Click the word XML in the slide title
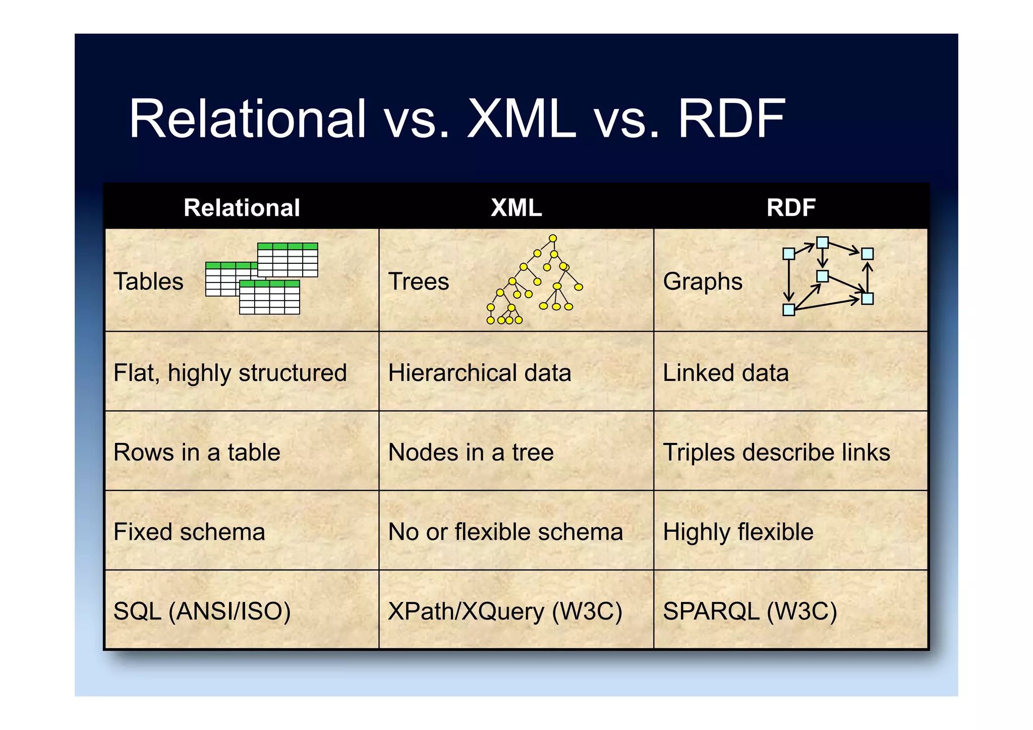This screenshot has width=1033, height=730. click(x=521, y=119)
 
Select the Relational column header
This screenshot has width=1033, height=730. click(x=242, y=208)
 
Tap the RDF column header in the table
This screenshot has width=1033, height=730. click(x=790, y=208)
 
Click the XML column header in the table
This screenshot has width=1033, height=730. click(x=516, y=208)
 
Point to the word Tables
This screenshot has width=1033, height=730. click(x=148, y=282)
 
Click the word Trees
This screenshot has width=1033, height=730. click(x=418, y=282)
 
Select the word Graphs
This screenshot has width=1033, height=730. click(x=702, y=282)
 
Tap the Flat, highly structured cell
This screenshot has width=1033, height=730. click(x=230, y=373)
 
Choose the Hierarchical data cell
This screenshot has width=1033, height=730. click(x=479, y=373)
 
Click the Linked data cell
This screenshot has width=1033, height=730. click(x=725, y=373)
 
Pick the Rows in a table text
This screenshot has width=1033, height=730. click(x=197, y=453)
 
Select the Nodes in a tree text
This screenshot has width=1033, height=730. click(x=471, y=453)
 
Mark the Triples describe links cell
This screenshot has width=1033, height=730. click(x=776, y=453)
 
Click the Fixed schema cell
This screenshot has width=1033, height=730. click(x=189, y=532)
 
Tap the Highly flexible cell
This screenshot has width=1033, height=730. click(x=738, y=532)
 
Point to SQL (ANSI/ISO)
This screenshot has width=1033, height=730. click(x=202, y=611)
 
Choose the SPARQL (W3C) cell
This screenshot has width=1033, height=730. click(x=750, y=611)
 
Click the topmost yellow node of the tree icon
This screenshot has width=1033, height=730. click(x=553, y=238)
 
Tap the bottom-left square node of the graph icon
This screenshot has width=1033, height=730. click(x=788, y=310)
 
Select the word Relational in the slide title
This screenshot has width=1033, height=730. click(x=247, y=119)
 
